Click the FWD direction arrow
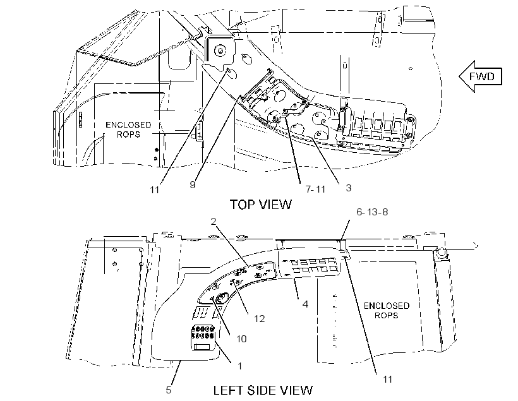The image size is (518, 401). click(480, 76)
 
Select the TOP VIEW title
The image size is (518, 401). click(261, 205)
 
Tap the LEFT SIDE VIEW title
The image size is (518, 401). click(263, 390)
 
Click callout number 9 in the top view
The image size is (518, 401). click(193, 184)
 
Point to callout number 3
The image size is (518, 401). click(348, 188)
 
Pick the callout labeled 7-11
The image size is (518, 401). click(315, 189)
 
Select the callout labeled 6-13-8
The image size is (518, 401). click(372, 212)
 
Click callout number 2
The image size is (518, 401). click(214, 221)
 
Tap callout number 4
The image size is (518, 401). click(305, 304)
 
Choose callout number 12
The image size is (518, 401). click(260, 318)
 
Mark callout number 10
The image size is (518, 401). click(241, 339)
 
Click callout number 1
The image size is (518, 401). click(240, 366)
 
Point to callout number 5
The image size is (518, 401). click(169, 390)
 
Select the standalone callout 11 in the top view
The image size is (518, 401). click(155, 190)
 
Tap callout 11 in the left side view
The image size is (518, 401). click(387, 379)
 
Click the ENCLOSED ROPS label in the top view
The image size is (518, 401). click(128, 129)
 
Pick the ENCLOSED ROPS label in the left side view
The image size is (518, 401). click(386, 311)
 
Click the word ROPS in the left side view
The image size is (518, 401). click(386, 316)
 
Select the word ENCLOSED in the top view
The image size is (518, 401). click(128, 125)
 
